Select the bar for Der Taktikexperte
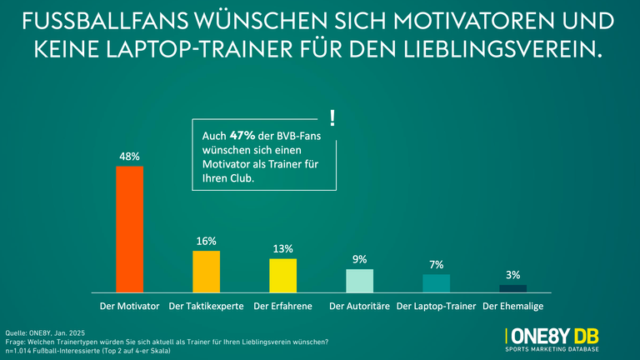[x=206, y=271]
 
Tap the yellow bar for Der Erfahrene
[x=282, y=275]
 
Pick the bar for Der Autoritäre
[x=359, y=280]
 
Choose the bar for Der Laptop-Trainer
[x=436, y=282]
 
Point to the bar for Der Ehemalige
[x=512, y=288]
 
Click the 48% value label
[x=129, y=156]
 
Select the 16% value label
[x=206, y=241]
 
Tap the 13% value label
[x=282, y=248]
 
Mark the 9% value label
[x=359, y=259]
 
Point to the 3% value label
[x=512, y=275]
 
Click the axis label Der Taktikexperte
[x=206, y=307]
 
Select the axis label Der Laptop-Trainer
[x=436, y=307]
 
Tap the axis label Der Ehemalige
[x=512, y=307]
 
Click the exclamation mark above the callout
[x=332, y=117]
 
